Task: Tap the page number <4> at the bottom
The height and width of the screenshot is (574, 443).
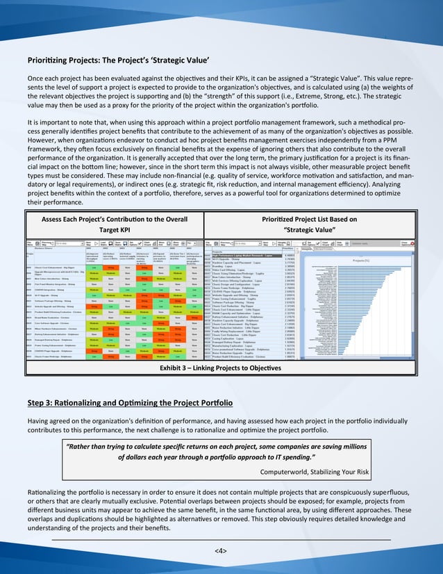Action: pyautogui.click(x=221, y=550)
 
